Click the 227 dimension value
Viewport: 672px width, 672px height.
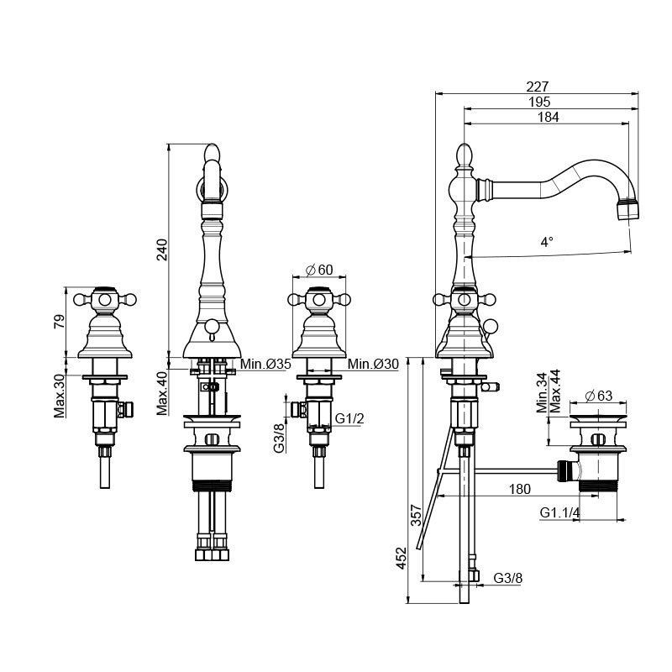coord(537,87)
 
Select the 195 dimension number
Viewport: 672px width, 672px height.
coord(538,102)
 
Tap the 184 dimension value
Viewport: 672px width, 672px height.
coord(549,117)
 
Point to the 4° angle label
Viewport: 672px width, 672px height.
coord(546,242)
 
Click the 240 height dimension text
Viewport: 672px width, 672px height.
coord(162,249)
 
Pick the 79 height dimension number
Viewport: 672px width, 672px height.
coord(60,321)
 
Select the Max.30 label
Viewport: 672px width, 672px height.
coord(60,396)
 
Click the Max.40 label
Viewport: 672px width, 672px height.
coord(162,393)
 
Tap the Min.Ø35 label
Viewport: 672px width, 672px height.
coord(265,365)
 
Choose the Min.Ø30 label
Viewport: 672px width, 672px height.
coord(373,365)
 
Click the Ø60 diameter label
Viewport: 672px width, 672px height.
coord(319,270)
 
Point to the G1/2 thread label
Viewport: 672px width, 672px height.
coord(349,417)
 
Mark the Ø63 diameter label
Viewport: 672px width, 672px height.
coord(599,395)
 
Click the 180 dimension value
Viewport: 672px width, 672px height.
coord(519,489)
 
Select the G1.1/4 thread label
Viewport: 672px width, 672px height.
coord(559,512)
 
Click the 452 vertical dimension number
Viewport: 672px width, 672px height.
coord(401,558)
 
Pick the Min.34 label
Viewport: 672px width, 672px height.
coord(542,393)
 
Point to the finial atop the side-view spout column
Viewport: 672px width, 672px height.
coord(465,155)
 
